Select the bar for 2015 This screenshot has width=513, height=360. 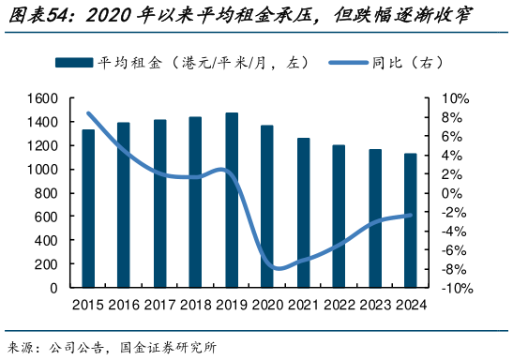pos(88,208)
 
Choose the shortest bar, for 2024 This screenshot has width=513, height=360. pos(410,220)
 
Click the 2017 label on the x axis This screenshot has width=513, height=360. pos(159,304)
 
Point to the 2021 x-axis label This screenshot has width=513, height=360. pos(303,304)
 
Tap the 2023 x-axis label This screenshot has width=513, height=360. pos(374,304)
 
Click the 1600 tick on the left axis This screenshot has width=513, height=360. pos(43,98)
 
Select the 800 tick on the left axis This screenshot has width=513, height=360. pos(47,194)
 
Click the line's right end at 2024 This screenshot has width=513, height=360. pos(410,216)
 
